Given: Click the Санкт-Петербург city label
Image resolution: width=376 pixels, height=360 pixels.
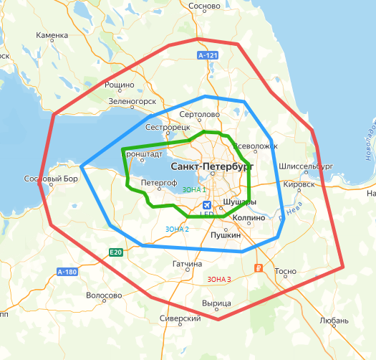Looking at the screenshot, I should point(213,166).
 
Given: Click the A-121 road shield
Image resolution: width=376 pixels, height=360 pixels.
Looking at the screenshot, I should point(207,55).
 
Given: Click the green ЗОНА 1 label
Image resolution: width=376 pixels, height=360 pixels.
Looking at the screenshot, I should point(194,189).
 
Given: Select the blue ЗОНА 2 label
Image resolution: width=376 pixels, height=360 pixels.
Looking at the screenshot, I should point(177,229).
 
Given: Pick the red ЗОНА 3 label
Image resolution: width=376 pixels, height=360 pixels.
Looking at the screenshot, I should point(218,279).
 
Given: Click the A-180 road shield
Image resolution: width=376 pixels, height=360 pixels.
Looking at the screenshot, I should point(67,271).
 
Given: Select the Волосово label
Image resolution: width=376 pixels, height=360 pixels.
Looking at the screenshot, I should point(104,295).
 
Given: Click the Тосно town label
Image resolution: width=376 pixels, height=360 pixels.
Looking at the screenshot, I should point(285,272).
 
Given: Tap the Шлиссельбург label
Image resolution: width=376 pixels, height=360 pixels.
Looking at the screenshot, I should point(307,166).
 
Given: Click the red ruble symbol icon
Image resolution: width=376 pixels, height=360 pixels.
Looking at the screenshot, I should point(259,270).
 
